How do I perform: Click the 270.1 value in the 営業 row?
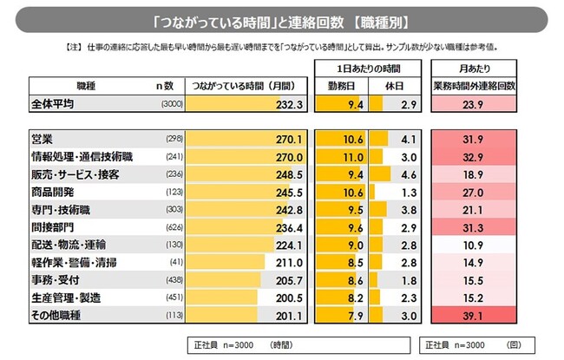286,139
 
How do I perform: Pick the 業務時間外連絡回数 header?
475,85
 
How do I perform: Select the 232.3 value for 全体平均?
286,103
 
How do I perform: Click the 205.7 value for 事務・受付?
286,279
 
